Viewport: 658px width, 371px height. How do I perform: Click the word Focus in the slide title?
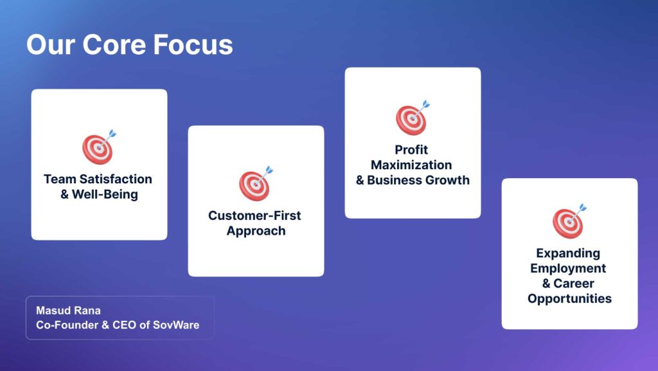193,44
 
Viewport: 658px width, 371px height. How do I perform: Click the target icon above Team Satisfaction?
99,147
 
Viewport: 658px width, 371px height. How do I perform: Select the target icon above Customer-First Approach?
256,183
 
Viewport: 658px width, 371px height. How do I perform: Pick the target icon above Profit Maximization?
413,118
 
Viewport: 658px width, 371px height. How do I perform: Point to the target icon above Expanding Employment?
569,221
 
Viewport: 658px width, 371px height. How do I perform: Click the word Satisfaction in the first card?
116,179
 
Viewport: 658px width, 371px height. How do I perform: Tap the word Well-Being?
105,195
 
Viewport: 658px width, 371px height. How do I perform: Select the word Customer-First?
254,215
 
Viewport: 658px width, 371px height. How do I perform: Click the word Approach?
256,231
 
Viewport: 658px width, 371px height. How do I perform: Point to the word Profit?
411,150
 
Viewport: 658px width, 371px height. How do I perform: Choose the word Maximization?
411,165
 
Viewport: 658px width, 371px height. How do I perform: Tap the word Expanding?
568,253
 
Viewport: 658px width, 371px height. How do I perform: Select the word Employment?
568,269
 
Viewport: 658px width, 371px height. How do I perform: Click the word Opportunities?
569,299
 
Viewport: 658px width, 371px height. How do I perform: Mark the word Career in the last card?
574,284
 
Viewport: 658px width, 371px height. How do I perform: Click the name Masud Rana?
68,311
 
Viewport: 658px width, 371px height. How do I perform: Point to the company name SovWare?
176,325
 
